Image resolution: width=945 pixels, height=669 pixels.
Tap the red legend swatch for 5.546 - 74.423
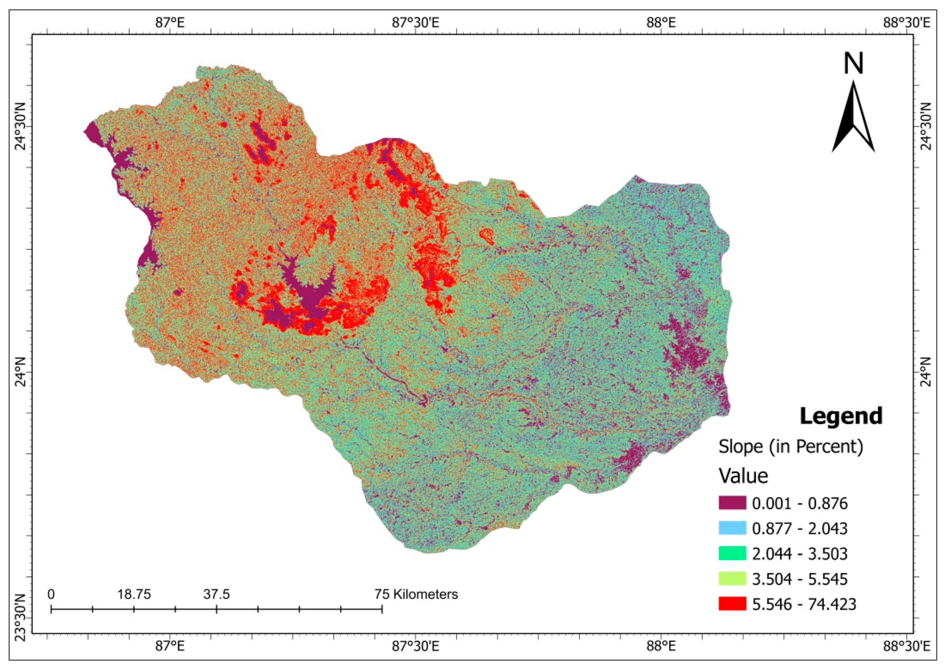[x=732, y=604]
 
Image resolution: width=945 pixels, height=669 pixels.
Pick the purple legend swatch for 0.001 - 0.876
[x=732, y=503]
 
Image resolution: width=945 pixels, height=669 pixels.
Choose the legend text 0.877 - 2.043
[x=799, y=528]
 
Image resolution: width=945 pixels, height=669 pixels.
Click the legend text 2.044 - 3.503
[x=799, y=554]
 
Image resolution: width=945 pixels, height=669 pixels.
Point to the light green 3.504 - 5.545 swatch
[x=732, y=579]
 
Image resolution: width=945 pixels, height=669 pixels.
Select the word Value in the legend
[x=744, y=476]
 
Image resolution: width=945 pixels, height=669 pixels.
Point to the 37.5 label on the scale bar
[x=216, y=595]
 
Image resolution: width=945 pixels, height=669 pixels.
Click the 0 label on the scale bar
[x=51, y=595]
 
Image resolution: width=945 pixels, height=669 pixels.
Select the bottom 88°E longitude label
[x=661, y=646]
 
